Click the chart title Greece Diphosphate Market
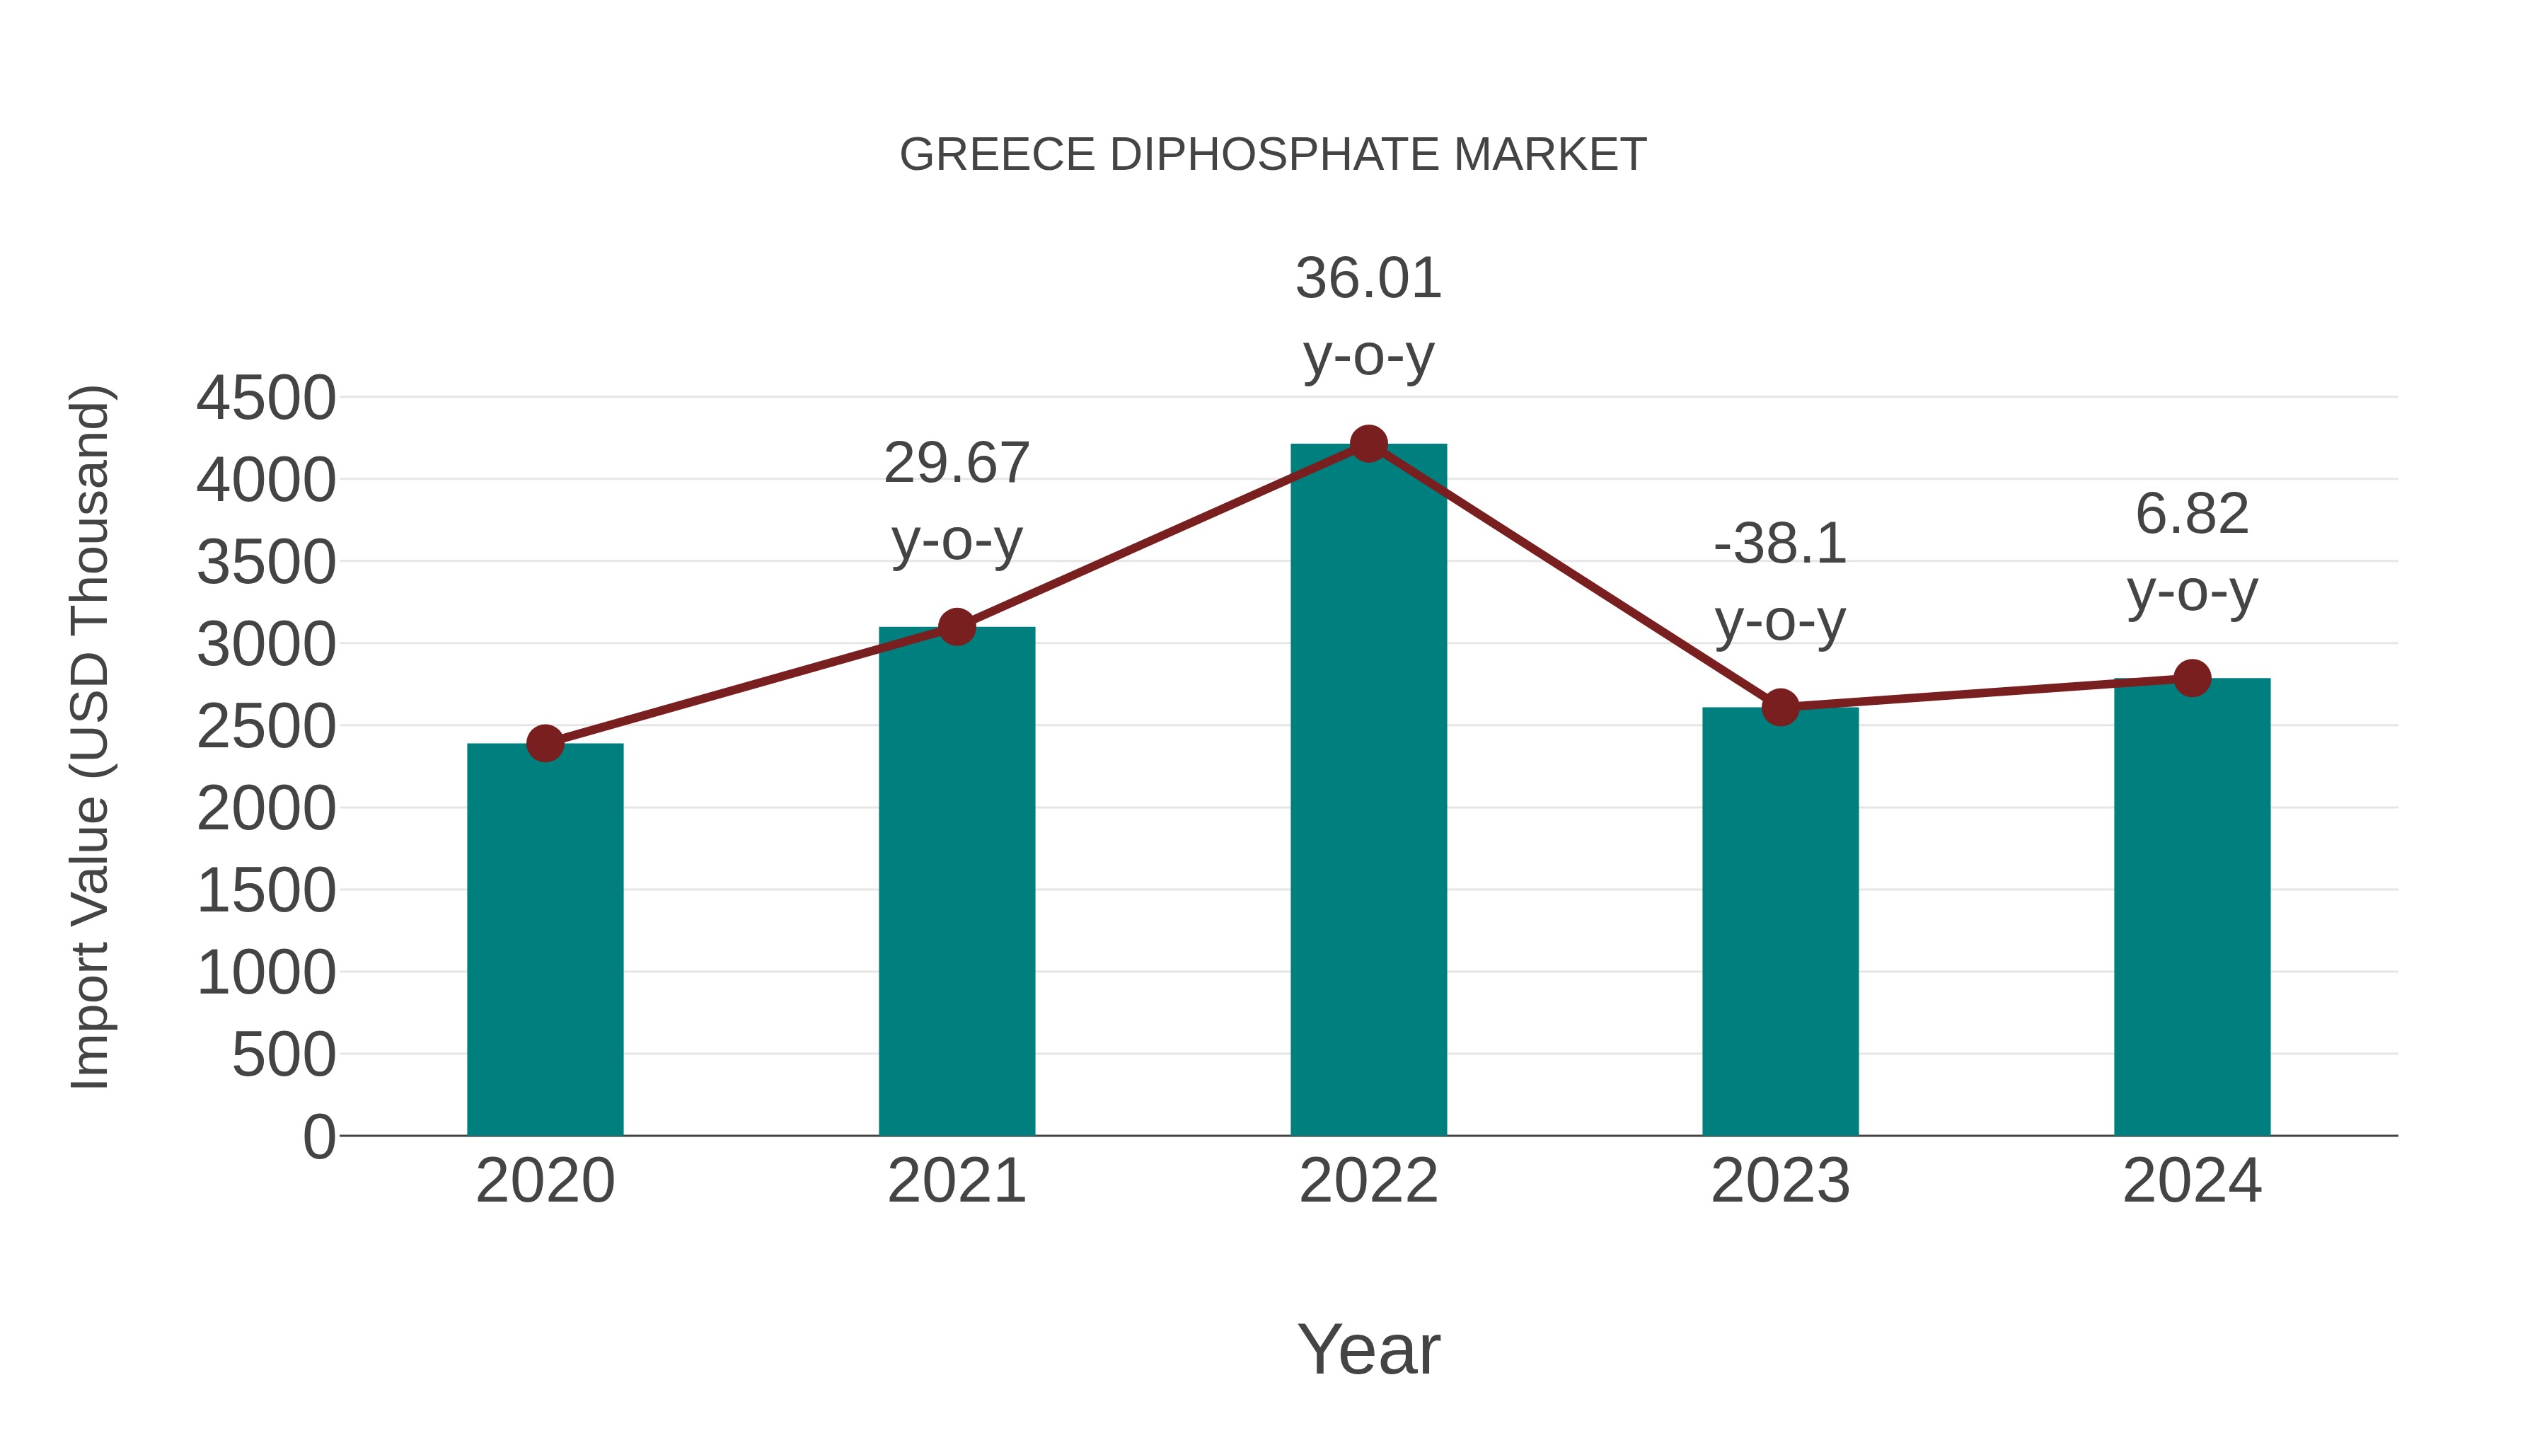1273,155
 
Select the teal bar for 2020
545,940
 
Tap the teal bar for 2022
1368,791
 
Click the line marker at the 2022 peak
1368,444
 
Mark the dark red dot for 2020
545,744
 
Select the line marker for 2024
2192,679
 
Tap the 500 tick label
283,1055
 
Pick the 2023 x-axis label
1780,1181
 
